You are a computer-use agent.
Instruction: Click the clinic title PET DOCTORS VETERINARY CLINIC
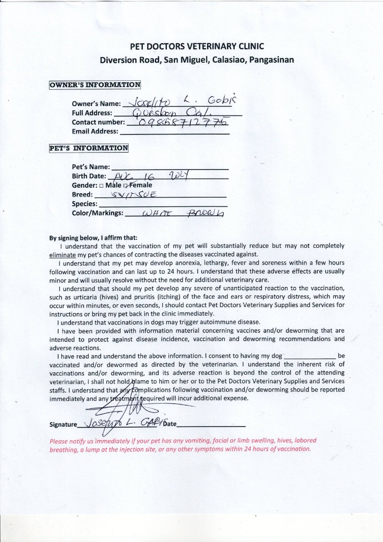click(197, 47)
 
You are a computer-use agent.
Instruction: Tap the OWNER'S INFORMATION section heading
click(94, 85)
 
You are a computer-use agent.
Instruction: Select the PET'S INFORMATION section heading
click(88, 148)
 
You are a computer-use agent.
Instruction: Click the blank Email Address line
click(174, 132)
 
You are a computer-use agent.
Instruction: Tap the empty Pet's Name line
click(169, 167)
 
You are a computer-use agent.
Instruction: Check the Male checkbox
click(102, 186)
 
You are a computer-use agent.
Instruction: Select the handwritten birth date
click(151, 176)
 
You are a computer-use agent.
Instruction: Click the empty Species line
click(163, 204)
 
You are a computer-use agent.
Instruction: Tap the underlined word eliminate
click(62, 255)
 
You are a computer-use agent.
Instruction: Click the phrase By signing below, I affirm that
click(93, 238)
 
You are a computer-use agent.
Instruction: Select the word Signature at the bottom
click(63, 425)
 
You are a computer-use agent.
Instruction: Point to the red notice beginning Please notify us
click(183, 445)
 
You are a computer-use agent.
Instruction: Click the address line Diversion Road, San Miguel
click(197, 60)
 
